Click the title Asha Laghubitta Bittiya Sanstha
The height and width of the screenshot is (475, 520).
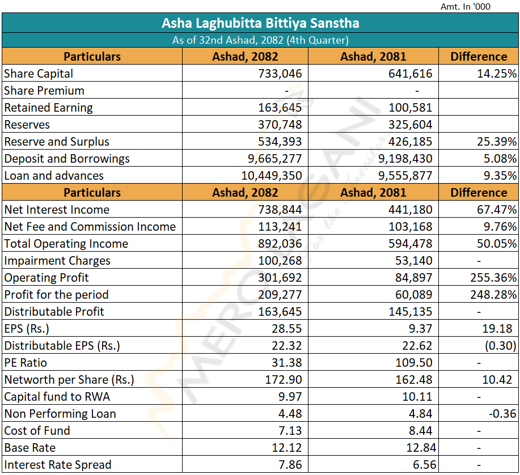tap(260, 23)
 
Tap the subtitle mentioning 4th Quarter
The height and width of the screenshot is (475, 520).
tap(260, 40)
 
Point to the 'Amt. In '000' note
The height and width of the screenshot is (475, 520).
tap(466, 7)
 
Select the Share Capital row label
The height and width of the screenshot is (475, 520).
tap(39, 74)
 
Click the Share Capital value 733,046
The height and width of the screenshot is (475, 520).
tap(280, 74)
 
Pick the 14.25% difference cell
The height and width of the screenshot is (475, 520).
tap(496, 74)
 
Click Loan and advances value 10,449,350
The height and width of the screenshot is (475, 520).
tap(271, 176)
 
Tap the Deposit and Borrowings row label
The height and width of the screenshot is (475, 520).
tap(67, 159)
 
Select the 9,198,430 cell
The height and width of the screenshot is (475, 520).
tap(405, 159)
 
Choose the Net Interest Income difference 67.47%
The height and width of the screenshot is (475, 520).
tap(496, 210)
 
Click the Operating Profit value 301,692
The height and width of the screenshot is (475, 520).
tap(280, 278)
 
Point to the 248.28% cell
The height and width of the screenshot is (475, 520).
tap(493, 295)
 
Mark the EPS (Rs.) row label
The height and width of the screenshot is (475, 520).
tap(27, 329)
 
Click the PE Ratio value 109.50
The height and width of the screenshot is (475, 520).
tap(414, 363)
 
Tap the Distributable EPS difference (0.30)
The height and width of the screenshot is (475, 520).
tap(500, 346)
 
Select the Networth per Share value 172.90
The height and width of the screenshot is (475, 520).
tap(284, 380)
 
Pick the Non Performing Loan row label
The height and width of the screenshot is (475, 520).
tap(60, 414)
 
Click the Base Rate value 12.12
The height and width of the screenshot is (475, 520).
tap(287, 448)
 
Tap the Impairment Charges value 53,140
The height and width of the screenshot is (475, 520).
tap(414, 261)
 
